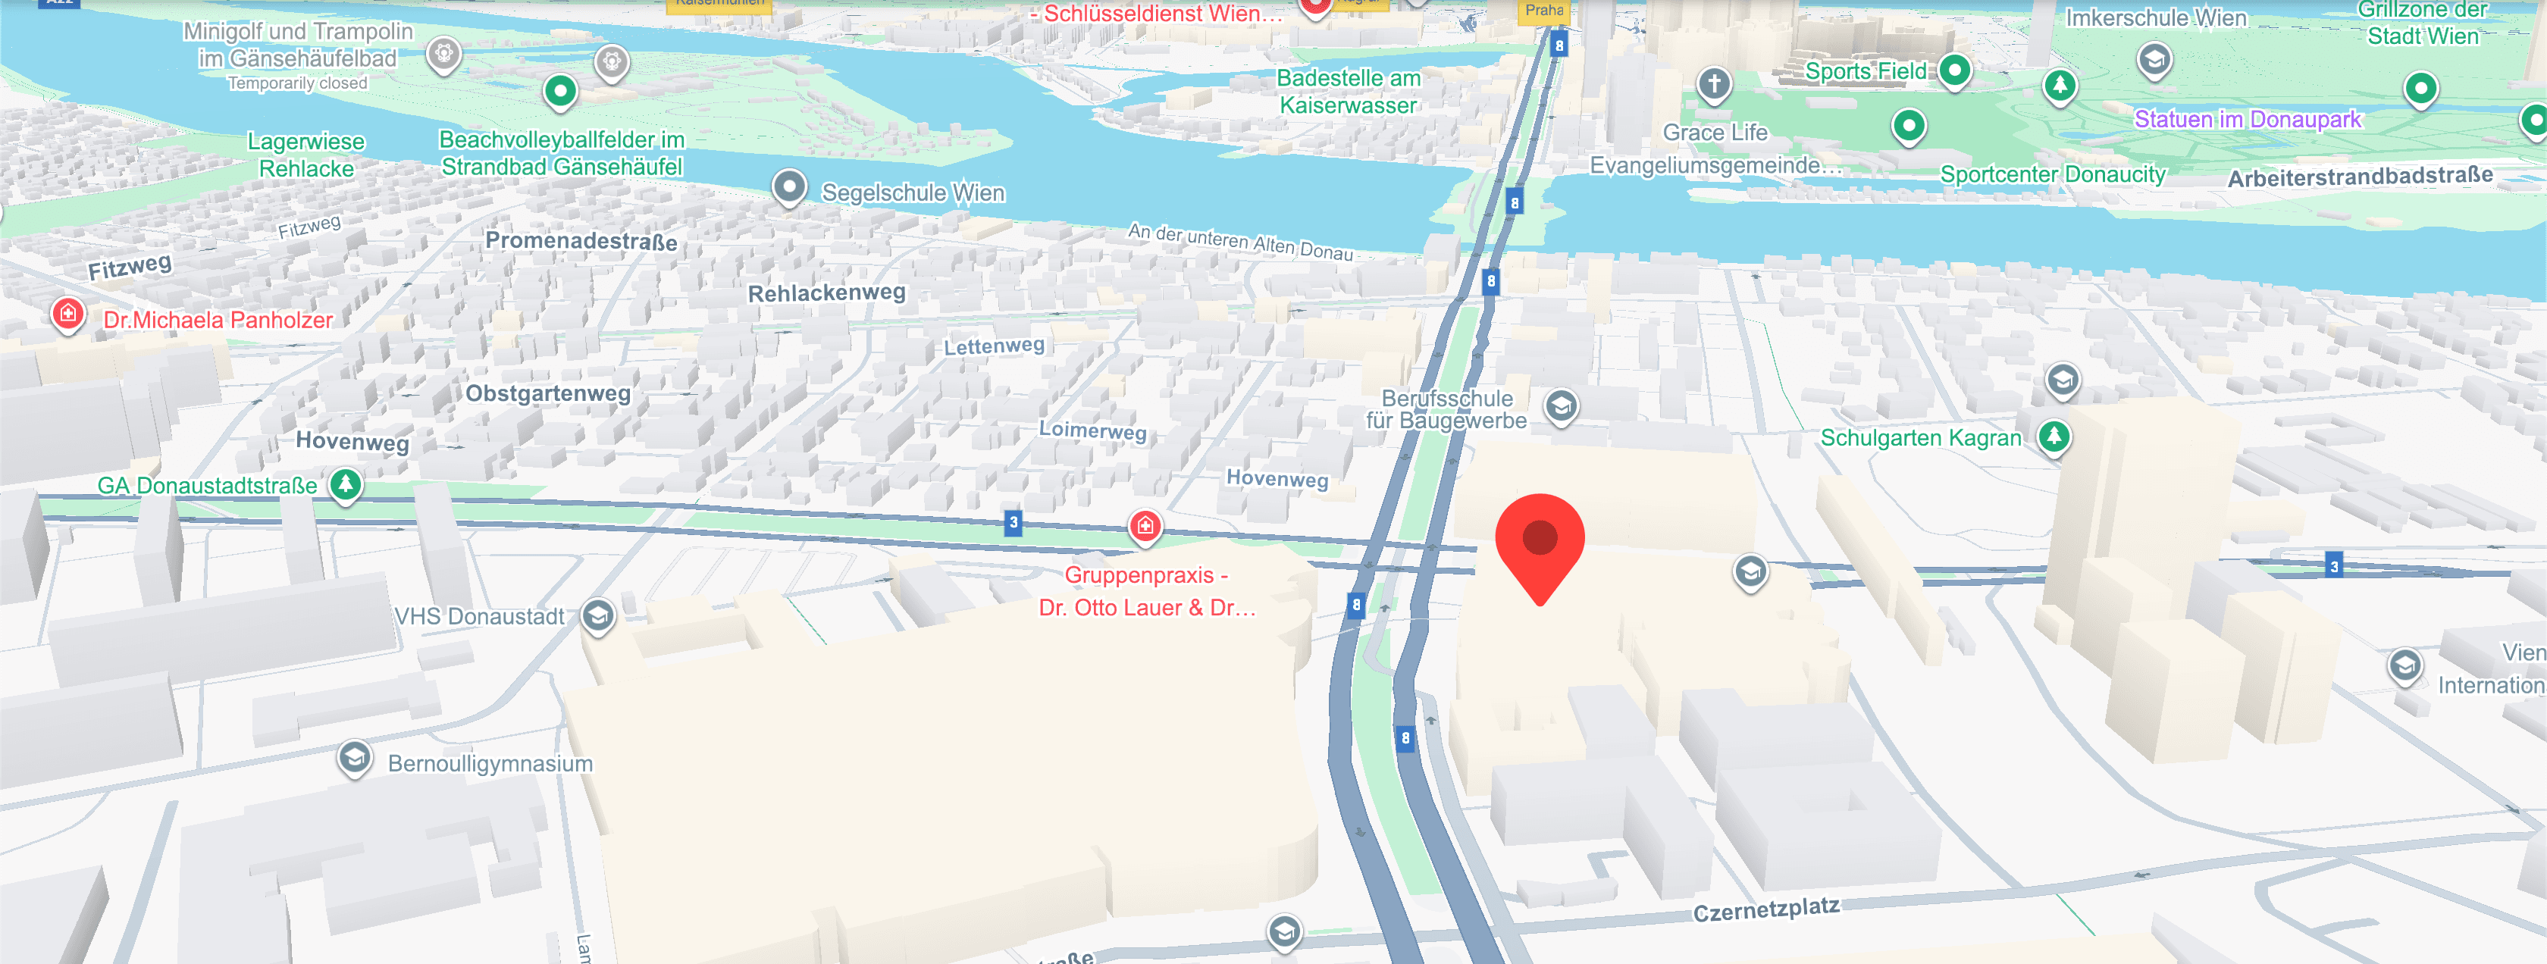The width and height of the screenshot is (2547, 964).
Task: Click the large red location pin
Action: coord(1540,541)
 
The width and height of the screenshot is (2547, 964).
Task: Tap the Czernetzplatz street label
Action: coord(1766,909)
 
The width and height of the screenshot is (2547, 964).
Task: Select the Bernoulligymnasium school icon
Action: coord(354,759)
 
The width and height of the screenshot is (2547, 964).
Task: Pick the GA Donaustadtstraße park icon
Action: coord(345,484)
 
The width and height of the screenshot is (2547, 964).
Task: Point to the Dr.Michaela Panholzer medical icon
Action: coord(68,315)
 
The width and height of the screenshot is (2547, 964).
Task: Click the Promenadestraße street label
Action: coord(581,241)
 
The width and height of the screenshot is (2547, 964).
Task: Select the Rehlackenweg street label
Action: coord(826,293)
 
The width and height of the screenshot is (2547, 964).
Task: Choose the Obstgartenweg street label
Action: coord(548,393)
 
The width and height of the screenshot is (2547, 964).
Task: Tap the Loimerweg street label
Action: coord(1092,430)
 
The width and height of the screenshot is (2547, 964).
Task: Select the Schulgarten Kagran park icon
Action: coord(2054,435)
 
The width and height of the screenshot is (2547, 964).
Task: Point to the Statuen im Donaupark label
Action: coord(2248,120)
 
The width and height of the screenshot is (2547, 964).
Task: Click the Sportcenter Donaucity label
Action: coord(2053,175)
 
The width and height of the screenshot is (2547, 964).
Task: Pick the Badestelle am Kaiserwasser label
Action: coord(1348,91)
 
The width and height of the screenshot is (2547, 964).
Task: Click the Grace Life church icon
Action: coord(1715,83)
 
